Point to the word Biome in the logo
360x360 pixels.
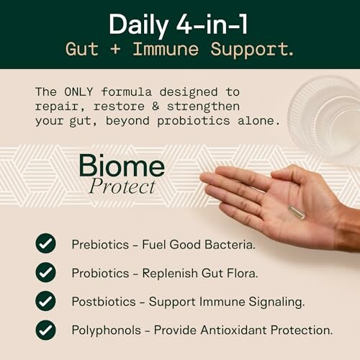[x=122, y=167]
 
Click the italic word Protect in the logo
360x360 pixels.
[x=122, y=187]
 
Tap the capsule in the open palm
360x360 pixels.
[x=296, y=212]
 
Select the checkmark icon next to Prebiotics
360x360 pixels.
[x=45, y=243]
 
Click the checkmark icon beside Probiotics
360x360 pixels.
[x=45, y=272]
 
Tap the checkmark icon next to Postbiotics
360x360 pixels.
[x=45, y=301]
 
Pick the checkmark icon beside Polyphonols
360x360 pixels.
[x=45, y=330]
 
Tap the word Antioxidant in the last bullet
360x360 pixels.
[x=235, y=330]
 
